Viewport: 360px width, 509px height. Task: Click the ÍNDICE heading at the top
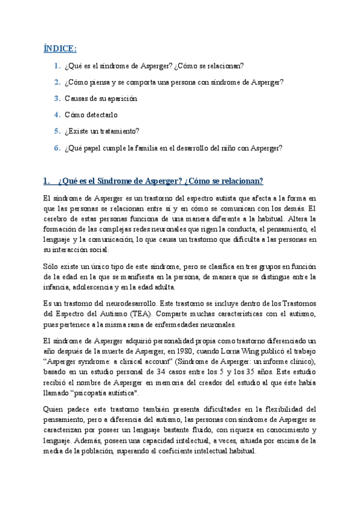[60, 49]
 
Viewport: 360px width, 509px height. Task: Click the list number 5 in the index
[56, 130]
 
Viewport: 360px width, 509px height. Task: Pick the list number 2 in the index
[56, 82]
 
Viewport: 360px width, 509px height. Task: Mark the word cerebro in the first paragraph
[55, 218]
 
